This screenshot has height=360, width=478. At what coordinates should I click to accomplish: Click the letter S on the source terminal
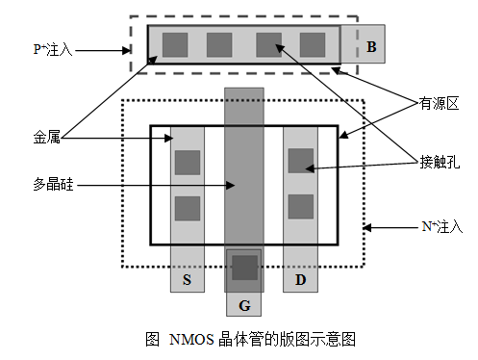coord(187,279)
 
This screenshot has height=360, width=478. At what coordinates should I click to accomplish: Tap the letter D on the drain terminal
coord(300,279)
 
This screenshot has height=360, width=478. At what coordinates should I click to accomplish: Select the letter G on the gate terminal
coord(244,305)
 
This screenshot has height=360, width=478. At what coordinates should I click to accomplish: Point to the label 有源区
coord(434,100)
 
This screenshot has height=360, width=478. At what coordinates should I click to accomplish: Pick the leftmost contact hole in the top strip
coord(174,44)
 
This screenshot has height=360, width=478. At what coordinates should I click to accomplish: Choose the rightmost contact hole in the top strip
coord(313,44)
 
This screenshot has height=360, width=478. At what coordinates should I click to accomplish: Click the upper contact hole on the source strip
coord(187,163)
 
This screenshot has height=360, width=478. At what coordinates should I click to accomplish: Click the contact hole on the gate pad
coord(244,269)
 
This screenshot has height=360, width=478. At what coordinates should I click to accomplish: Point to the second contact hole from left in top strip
coord(219,44)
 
